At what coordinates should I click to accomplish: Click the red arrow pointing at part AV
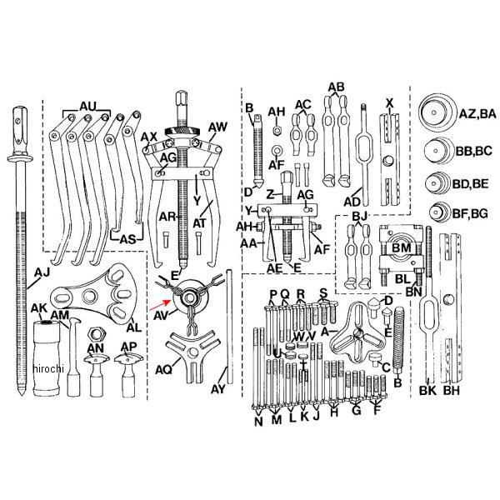click(x=160, y=305)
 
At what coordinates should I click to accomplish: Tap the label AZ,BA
click(x=477, y=113)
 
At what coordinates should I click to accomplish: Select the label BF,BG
click(x=470, y=213)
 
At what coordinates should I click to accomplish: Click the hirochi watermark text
click(x=48, y=368)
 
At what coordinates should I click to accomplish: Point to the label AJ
click(x=42, y=272)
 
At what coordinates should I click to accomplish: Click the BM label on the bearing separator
click(x=401, y=247)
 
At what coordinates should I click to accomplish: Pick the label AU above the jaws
click(x=87, y=107)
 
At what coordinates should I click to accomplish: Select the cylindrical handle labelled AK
click(x=46, y=358)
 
